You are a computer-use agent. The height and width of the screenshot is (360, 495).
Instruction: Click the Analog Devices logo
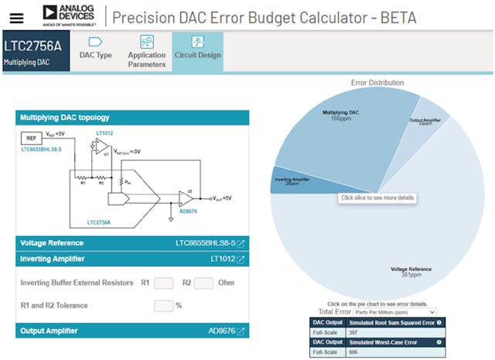(70, 14)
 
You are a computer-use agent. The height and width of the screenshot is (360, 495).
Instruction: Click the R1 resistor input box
(164, 283)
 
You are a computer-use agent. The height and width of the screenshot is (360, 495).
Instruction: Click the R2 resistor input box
(203, 283)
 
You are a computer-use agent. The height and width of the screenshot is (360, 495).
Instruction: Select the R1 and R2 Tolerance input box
(163, 305)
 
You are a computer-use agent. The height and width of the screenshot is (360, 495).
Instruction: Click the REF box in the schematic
(31, 138)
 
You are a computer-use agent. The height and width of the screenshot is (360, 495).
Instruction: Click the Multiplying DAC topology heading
(65, 118)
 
